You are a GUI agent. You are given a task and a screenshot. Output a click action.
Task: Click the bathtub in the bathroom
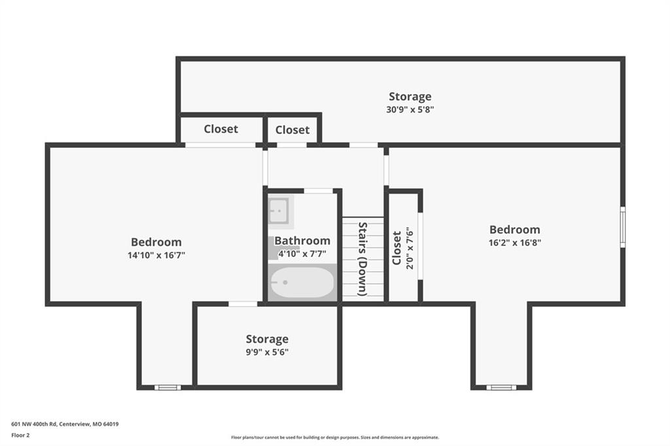[x=302, y=283]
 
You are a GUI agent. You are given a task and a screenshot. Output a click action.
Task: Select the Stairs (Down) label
[x=362, y=259]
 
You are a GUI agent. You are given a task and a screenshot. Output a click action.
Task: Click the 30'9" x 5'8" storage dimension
[x=410, y=109]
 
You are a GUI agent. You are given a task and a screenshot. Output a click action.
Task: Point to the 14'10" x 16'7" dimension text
[x=156, y=256]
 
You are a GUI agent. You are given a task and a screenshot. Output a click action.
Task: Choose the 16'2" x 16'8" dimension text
[x=515, y=243]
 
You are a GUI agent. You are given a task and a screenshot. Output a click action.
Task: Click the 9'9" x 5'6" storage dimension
[x=267, y=352]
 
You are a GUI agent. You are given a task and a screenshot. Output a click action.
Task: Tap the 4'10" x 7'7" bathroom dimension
[x=302, y=254]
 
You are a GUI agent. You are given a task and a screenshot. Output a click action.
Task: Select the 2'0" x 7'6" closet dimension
[x=410, y=249]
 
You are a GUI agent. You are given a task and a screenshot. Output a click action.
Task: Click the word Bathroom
[x=302, y=241]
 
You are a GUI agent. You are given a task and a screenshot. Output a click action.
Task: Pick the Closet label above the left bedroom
[x=221, y=129]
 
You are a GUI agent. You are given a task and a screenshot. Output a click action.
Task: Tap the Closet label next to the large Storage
[x=292, y=130]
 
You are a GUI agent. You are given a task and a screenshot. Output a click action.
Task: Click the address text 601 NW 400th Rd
[x=34, y=424]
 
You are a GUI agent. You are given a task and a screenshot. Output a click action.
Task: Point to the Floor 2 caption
[x=20, y=436]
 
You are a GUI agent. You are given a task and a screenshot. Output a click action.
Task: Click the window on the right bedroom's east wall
[x=623, y=227]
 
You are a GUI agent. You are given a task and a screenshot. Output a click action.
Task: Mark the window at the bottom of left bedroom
[x=167, y=388]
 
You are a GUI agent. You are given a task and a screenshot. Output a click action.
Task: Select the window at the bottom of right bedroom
[x=501, y=388]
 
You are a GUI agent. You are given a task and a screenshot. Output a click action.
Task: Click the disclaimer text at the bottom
[x=335, y=437]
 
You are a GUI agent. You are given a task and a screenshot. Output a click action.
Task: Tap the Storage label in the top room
[x=410, y=97]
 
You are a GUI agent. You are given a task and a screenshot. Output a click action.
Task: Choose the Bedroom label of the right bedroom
[x=515, y=230]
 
